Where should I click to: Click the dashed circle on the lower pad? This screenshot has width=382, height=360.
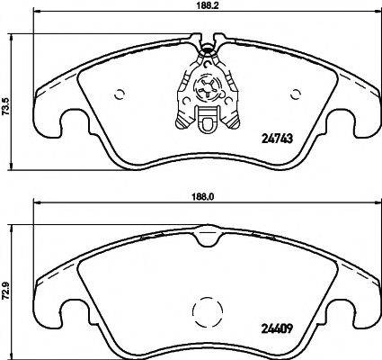tap(208, 314)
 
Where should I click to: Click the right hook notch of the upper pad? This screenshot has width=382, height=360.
tap(351, 121)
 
